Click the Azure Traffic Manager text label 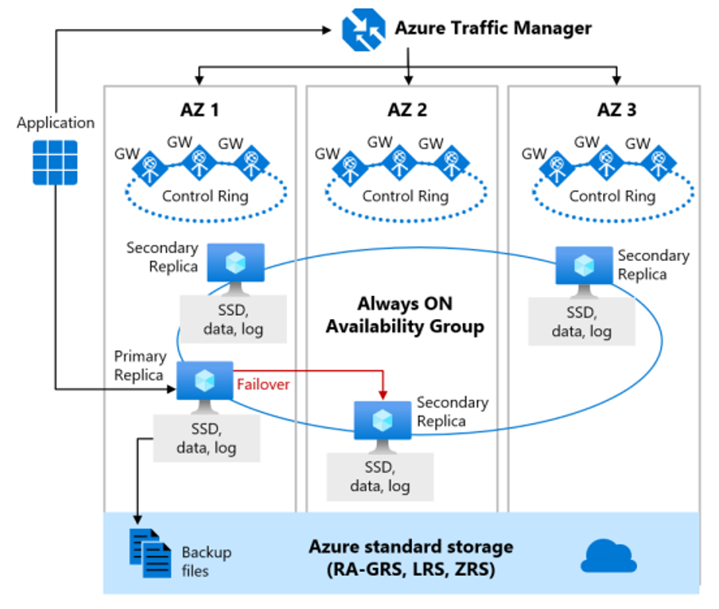(493, 29)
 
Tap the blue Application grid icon (54, 163)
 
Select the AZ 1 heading (199, 110)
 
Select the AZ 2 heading (407, 110)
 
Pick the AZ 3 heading (616, 110)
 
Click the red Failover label (262, 384)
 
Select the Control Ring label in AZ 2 (405, 197)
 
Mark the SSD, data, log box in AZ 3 (581, 321)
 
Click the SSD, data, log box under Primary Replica (206, 438)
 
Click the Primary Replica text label (139, 366)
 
